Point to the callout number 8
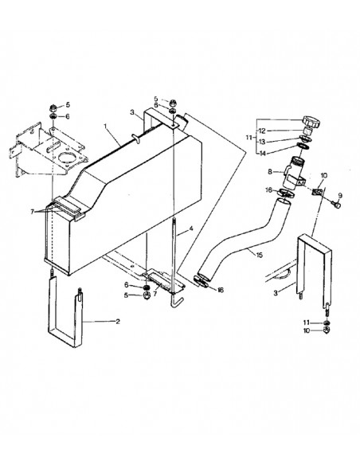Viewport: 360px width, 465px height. click(x=271, y=171)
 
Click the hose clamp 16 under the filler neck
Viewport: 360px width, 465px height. click(x=285, y=191)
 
